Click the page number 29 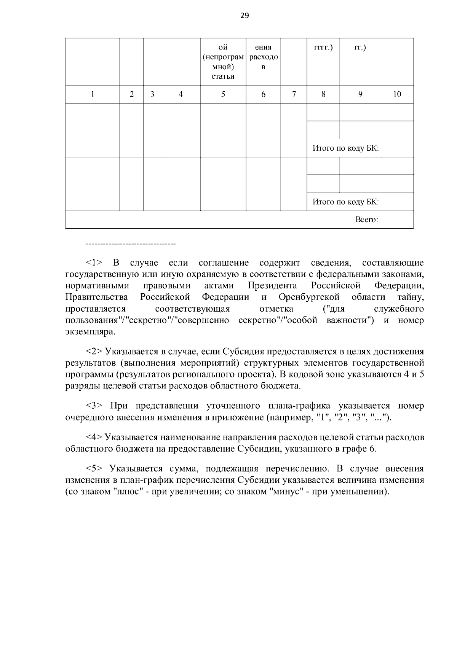pos(244,16)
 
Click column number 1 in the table pos(93,94)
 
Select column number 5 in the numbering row pos(223,94)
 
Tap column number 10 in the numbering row pos(397,94)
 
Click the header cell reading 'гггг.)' pos(323,48)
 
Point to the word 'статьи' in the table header pos(223,76)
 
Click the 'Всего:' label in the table pos(366,220)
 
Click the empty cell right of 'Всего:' pos(397,220)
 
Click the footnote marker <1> pos(94,263)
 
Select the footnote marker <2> pos(94,351)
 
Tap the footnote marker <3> pos(94,406)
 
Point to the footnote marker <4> pos(94,438)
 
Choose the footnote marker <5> pos(94,469)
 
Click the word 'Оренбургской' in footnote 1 pos(309,297)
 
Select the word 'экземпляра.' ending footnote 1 pos(90,331)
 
